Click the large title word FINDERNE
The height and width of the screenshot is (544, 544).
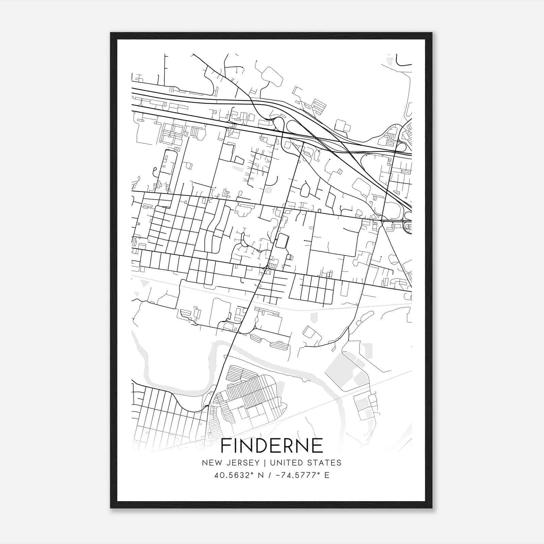272,446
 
